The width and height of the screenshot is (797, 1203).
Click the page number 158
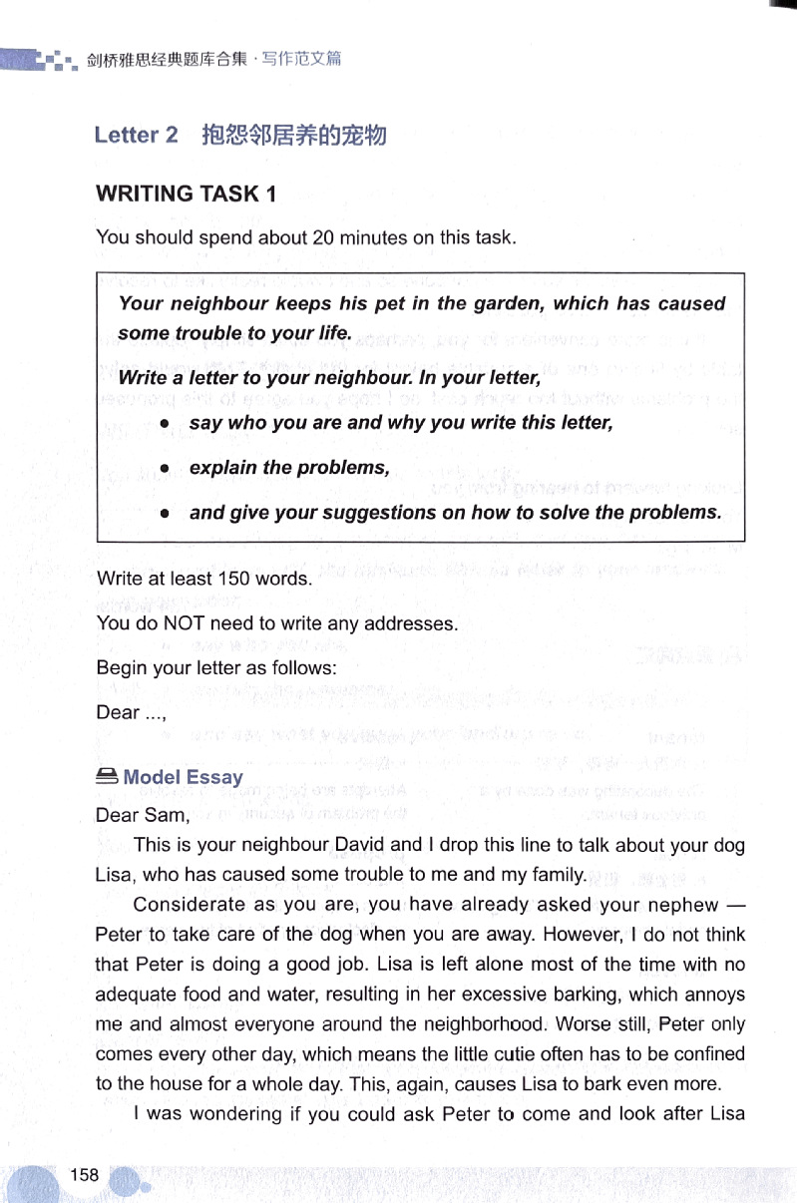pyautogui.click(x=84, y=1174)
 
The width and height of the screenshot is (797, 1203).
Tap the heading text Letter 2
pyautogui.click(x=137, y=135)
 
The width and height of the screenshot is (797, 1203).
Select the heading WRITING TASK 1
pyautogui.click(x=187, y=194)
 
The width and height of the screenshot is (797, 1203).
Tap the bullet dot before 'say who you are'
pyautogui.click(x=166, y=423)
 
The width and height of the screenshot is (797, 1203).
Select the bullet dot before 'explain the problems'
pyautogui.click(x=166, y=468)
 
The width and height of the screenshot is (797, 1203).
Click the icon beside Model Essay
pyautogui.click(x=107, y=776)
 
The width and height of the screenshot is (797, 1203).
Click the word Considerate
pyautogui.click(x=190, y=905)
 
